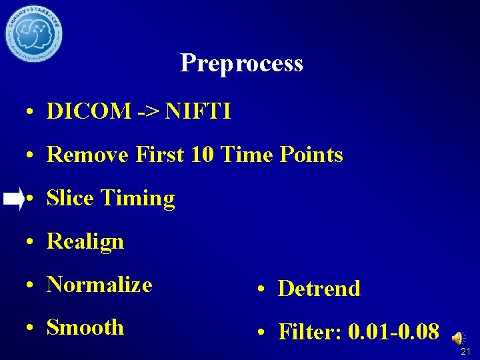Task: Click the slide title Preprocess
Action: click(241, 63)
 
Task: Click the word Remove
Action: click(89, 155)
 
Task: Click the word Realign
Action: click(85, 241)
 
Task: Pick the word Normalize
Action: click(100, 285)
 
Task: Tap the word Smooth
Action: click(85, 327)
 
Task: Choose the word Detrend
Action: click(319, 289)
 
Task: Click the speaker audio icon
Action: click(459, 339)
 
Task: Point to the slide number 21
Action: click(465, 351)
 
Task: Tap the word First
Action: click(159, 155)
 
